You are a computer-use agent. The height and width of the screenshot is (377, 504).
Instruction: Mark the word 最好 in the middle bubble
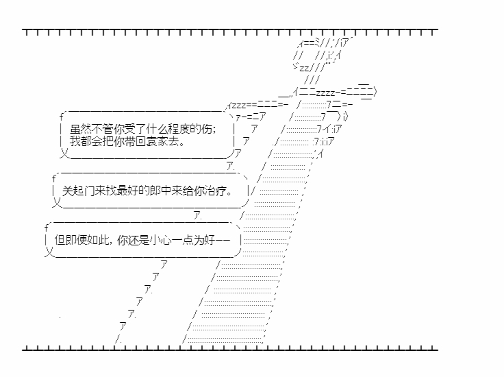pos(127,191)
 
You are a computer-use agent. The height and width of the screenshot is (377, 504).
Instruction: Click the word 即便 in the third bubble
pos(76,240)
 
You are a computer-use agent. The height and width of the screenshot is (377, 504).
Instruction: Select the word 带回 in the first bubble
pos(135,141)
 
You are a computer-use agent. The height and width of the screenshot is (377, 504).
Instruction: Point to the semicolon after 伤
pos(214,130)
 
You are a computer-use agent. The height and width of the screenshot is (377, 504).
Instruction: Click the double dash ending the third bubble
pos(223,240)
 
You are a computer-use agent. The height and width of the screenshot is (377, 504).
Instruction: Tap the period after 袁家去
pos(182,145)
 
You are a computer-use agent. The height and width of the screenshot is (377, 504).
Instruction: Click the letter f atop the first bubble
pos(62,117)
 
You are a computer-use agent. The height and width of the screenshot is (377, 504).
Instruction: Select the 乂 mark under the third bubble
pos(49,252)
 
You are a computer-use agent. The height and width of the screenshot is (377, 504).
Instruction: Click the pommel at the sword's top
pos(321,54)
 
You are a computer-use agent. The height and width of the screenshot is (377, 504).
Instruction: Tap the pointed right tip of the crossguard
pos(375,93)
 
